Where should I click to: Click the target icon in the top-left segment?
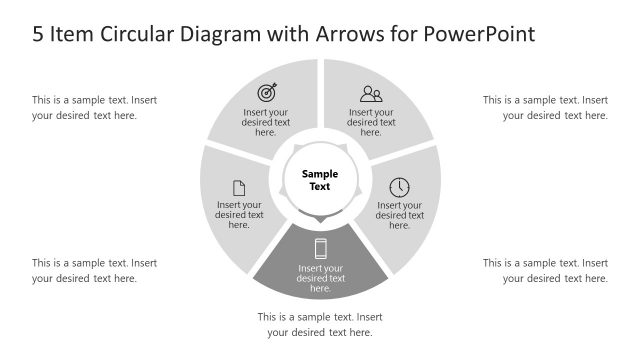click(x=266, y=93)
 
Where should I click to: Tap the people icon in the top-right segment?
click(x=371, y=94)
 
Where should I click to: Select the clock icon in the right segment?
click(x=399, y=187)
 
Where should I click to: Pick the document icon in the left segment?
click(x=239, y=187)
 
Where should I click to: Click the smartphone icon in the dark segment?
click(x=321, y=249)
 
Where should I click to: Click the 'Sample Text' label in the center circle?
click(x=320, y=180)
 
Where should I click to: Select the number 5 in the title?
click(x=38, y=33)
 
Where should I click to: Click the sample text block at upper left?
click(x=94, y=107)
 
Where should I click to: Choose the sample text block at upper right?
click(x=545, y=107)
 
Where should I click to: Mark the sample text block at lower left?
click(x=94, y=270)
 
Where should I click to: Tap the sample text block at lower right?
click(x=545, y=270)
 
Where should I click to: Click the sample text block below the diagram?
click(x=320, y=324)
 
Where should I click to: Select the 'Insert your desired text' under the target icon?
click(x=266, y=122)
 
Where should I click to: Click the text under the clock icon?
click(x=399, y=215)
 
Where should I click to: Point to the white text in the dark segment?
click(x=321, y=278)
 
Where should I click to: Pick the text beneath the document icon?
click(x=239, y=215)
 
